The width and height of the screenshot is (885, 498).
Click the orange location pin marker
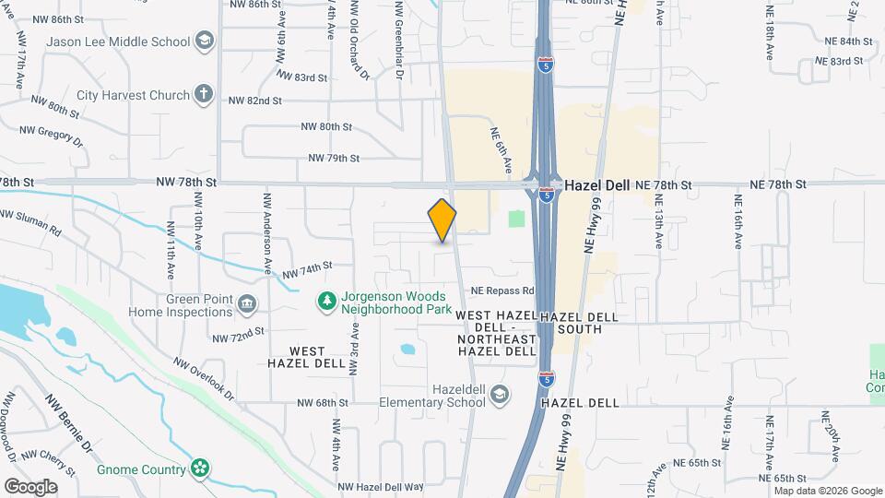tap(442, 219)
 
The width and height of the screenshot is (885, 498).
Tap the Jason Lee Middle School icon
tap(204, 41)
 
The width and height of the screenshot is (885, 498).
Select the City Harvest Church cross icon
tap(204, 94)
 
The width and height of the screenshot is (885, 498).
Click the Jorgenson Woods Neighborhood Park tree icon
tap(325, 301)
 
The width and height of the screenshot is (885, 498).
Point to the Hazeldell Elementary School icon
tap(500, 395)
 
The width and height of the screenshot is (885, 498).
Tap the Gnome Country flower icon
tap(199, 468)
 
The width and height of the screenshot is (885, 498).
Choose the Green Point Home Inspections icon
tap(247, 304)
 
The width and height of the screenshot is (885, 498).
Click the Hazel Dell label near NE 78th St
tap(596, 184)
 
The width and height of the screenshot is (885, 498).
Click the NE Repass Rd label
tap(503, 290)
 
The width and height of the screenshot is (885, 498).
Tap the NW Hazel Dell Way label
tap(380, 486)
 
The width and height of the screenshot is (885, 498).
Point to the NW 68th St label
tap(323, 403)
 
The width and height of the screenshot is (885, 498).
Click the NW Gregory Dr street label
tap(60, 136)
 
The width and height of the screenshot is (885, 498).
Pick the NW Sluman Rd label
tap(30, 224)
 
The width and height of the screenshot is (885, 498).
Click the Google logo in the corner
tap(30, 486)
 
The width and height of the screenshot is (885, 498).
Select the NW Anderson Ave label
tap(267, 227)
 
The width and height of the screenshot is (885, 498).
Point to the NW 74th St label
tap(306, 269)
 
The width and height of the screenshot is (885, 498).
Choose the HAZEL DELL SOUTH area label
tap(578, 322)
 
